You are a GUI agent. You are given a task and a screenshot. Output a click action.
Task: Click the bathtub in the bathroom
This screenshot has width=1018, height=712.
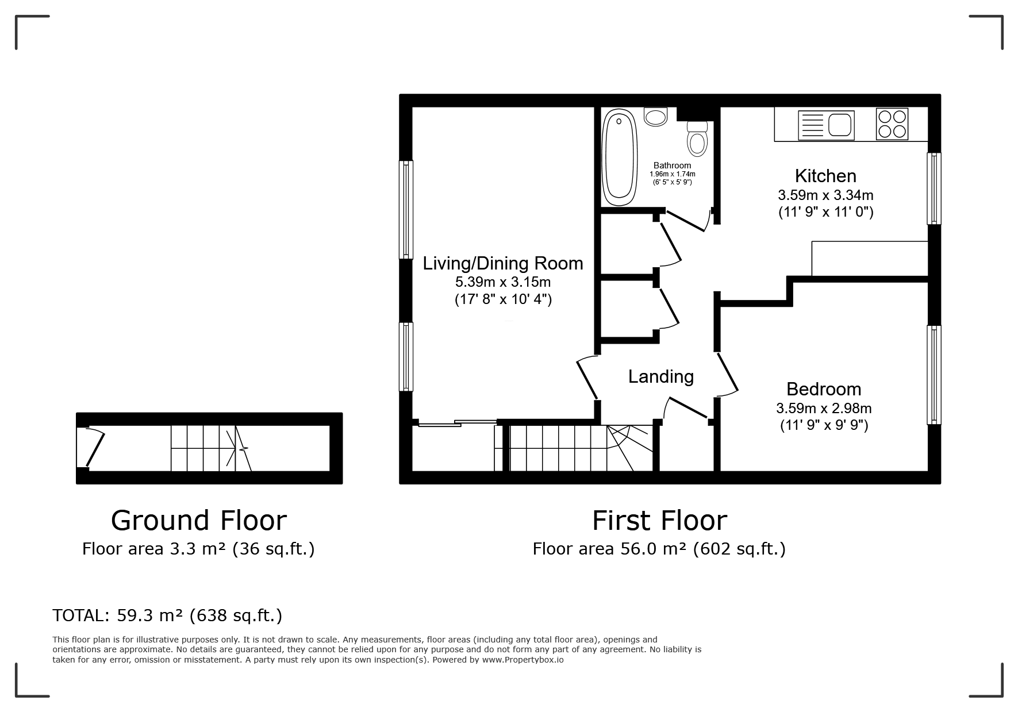[619, 158]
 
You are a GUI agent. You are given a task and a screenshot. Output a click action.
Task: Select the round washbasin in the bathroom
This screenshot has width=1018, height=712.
[655, 117]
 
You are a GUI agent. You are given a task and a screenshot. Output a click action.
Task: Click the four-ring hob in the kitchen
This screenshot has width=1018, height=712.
[892, 124]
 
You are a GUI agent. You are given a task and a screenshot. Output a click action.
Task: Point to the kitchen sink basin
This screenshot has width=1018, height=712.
[840, 124]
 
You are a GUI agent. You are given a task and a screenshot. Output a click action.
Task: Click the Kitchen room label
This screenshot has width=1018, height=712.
[825, 175]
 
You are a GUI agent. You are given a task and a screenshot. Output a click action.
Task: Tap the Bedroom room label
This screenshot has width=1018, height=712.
[824, 389]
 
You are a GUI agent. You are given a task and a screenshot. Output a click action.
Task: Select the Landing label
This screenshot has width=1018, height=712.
[661, 376]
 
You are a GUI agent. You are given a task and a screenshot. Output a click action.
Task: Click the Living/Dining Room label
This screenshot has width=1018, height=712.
[503, 263]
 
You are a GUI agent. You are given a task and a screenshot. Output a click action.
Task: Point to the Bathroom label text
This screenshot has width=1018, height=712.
[673, 166]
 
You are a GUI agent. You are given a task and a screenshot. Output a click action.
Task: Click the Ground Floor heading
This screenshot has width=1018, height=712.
[199, 520]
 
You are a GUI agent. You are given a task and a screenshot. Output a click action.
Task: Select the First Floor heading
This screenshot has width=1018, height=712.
[660, 521]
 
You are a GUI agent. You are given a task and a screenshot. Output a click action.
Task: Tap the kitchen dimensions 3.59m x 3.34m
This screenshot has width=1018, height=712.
[825, 195]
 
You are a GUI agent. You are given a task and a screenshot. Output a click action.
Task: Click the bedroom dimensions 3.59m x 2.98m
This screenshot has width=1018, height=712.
[824, 409]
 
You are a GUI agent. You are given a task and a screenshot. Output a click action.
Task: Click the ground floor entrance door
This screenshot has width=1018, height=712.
[94, 448]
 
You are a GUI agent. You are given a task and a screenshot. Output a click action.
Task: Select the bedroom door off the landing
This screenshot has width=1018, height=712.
[727, 374]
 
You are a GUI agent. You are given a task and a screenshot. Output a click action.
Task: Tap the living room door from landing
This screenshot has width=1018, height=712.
[587, 377]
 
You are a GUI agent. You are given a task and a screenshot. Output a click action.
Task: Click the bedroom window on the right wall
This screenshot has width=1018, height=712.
[935, 375]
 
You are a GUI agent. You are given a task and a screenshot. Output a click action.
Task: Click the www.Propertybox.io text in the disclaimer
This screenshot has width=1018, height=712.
[523, 660]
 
